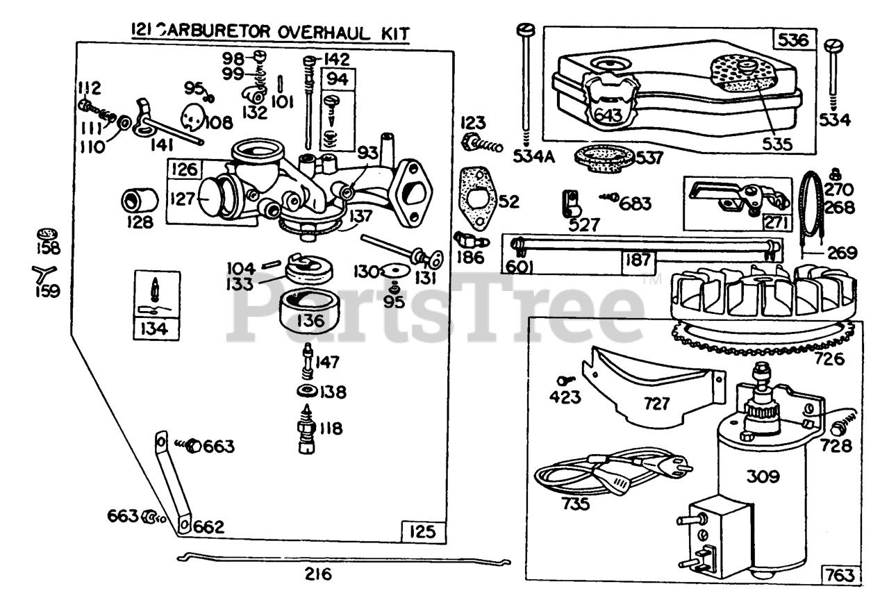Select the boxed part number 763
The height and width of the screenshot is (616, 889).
[841, 576]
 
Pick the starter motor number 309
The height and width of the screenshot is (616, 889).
[763, 477]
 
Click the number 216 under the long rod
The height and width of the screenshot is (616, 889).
[317, 574]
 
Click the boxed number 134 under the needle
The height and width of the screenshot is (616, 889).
[153, 328]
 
